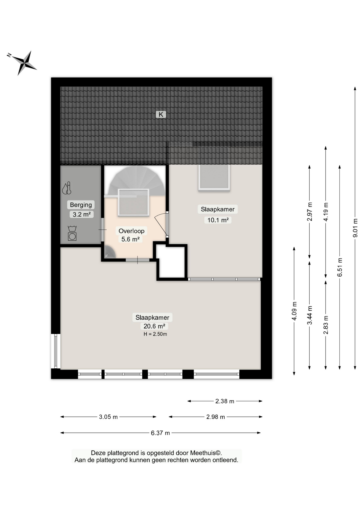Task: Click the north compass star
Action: click(x=24, y=63)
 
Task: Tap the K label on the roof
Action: click(x=161, y=115)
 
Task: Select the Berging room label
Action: click(x=81, y=205)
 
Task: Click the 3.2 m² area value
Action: click(x=82, y=214)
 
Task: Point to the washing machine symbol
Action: click(x=72, y=233)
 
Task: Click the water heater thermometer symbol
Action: click(x=67, y=188)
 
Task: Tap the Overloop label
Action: click(x=131, y=231)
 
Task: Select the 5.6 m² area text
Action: click(x=131, y=239)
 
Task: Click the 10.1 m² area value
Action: click(x=218, y=220)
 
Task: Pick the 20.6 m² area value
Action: click(x=154, y=326)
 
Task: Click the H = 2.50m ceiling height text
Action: click(x=155, y=334)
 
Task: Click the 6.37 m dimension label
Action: click(x=160, y=433)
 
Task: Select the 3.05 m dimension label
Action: click(x=108, y=417)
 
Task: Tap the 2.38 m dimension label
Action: click(x=225, y=401)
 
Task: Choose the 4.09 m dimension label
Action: click(x=294, y=311)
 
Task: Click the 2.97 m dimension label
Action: click(x=310, y=211)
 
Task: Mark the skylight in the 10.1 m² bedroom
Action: click(x=214, y=177)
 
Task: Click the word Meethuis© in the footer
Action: click(x=206, y=453)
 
